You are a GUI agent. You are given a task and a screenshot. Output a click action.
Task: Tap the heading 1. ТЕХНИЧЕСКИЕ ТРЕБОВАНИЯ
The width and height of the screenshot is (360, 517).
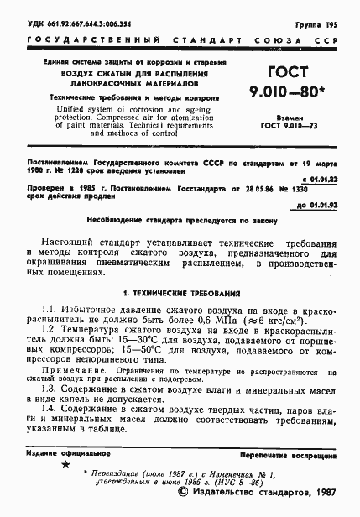[180, 294]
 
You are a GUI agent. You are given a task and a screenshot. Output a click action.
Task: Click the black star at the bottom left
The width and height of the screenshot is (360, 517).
[65, 465]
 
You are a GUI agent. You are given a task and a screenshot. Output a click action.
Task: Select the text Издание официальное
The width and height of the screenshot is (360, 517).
[63, 452]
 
